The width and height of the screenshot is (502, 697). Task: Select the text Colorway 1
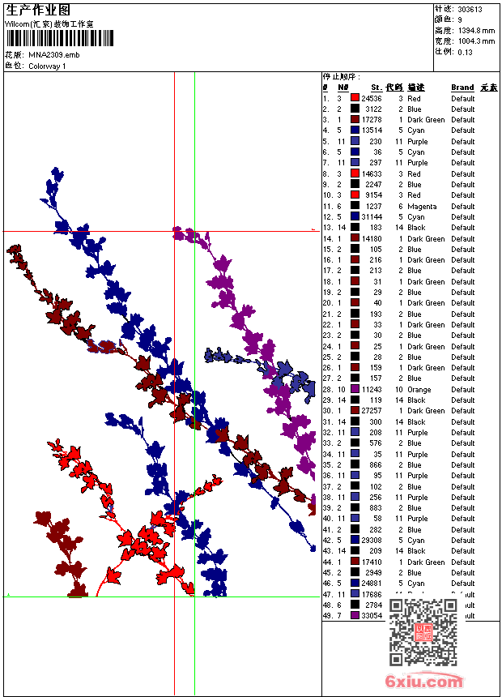[47, 66]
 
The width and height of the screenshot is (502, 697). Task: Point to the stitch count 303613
[470, 9]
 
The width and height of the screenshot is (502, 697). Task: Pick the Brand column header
[462, 88]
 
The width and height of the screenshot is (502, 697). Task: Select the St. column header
[376, 88]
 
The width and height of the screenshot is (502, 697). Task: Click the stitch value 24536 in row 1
[372, 98]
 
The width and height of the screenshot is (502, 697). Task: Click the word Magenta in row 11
[422, 206]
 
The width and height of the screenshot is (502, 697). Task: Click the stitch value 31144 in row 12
[372, 217]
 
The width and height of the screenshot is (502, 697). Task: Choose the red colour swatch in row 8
[355, 173]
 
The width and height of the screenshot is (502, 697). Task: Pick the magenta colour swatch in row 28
[355, 390]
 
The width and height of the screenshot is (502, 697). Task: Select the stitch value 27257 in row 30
[372, 411]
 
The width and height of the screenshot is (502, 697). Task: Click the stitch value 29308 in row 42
[372, 541]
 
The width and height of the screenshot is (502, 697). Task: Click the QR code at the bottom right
[423, 631]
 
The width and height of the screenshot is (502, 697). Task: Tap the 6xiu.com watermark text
[424, 682]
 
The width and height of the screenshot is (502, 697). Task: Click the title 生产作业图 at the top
[39, 10]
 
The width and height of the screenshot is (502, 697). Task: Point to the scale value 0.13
[465, 51]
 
